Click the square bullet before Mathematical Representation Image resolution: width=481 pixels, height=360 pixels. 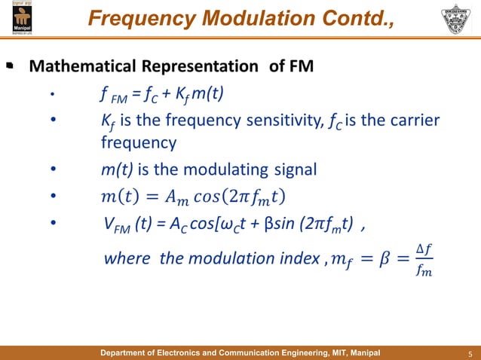coord(10,68)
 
